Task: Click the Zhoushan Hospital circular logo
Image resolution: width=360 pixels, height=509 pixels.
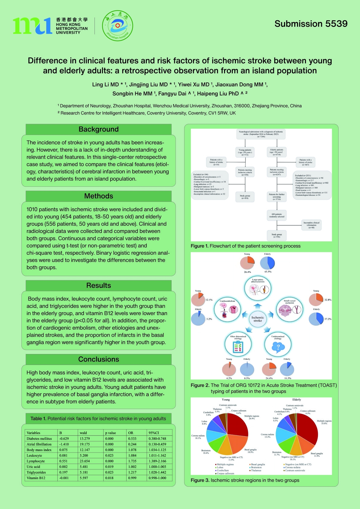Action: [x=117, y=25]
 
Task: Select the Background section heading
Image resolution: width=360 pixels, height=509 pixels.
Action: [x=98, y=129]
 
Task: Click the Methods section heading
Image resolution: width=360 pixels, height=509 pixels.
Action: [x=98, y=196]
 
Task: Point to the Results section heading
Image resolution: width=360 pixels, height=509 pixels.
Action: [x=98, y=285]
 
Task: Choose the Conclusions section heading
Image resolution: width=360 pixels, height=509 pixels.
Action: [x=98, y=359]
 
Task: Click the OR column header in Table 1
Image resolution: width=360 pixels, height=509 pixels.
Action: [x=131, y=433]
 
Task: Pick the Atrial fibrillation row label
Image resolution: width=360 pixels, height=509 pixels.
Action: [x=39, y=444]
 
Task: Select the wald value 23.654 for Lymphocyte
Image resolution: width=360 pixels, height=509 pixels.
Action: [x=85, y=461]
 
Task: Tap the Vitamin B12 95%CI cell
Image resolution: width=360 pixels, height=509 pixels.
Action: [x=157, y=478]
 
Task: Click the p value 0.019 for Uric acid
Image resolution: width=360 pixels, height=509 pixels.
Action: [x=109, y=467]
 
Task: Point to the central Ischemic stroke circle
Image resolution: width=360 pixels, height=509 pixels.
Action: [x=258, y=319]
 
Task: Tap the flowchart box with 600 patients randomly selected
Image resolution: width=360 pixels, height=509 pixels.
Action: [x=277, y=215]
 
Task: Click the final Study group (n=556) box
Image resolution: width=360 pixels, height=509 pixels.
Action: [x=277, y=235]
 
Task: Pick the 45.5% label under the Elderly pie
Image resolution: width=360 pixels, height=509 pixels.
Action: [x=268, y=272]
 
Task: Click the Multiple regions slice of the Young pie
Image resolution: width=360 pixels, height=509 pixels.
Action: [x=237, y=424]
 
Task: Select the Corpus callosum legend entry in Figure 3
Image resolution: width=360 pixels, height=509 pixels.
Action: [x=225, y=473]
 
